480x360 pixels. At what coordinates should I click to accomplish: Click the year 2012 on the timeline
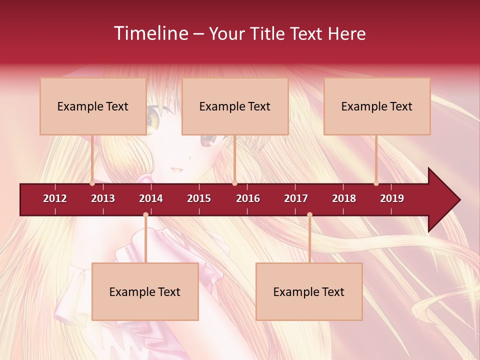[55, 198]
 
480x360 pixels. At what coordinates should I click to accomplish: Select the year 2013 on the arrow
[103, 198]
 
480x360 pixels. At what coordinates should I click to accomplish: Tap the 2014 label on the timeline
[151, 198]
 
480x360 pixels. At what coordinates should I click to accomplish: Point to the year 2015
[199, 198]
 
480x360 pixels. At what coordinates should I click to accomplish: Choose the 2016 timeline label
[248, 198]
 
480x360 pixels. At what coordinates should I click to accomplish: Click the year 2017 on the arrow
[296, 198]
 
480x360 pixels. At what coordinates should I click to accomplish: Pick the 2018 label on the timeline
[344, 198]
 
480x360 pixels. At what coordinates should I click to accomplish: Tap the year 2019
[392, 198]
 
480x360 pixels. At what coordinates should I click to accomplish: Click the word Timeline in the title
[150, 33]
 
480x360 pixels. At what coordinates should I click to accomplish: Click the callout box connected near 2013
[93, 106]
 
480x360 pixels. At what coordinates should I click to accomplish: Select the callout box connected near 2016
[235, 106]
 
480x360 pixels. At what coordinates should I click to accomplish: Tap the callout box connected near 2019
[377, 106]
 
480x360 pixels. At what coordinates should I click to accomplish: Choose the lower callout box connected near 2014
[145, 291]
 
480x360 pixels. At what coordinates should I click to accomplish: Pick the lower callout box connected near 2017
[309, 291]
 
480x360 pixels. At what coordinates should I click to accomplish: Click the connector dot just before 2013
[92, 183]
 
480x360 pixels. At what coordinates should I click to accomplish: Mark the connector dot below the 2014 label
[145, 215]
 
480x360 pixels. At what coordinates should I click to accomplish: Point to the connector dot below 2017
[309, 215]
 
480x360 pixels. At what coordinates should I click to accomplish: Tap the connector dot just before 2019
[376, 183]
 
